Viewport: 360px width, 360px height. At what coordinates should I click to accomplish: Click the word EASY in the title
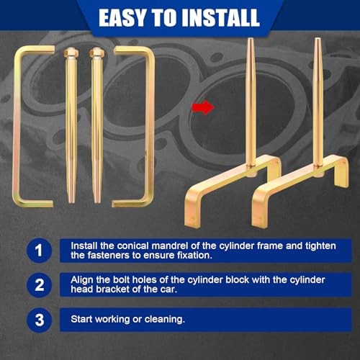point(123,17)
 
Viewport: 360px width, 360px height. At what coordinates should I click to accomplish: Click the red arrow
point(203,107)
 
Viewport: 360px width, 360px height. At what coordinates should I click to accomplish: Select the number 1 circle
point(39,251)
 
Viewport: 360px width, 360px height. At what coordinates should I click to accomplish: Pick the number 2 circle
point(39,285)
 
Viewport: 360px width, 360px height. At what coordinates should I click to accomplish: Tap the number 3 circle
point(39,320)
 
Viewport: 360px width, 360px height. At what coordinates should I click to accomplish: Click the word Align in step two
point(82,280)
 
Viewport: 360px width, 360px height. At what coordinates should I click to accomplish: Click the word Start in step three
point(81,319)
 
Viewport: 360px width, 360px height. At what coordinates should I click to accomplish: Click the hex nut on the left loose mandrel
point(71,52)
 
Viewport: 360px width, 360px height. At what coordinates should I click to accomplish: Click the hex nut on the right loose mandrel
point(96,52)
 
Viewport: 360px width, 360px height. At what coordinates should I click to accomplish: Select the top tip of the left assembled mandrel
point(250,38)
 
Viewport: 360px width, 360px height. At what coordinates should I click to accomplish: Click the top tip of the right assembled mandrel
point(318,38)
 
